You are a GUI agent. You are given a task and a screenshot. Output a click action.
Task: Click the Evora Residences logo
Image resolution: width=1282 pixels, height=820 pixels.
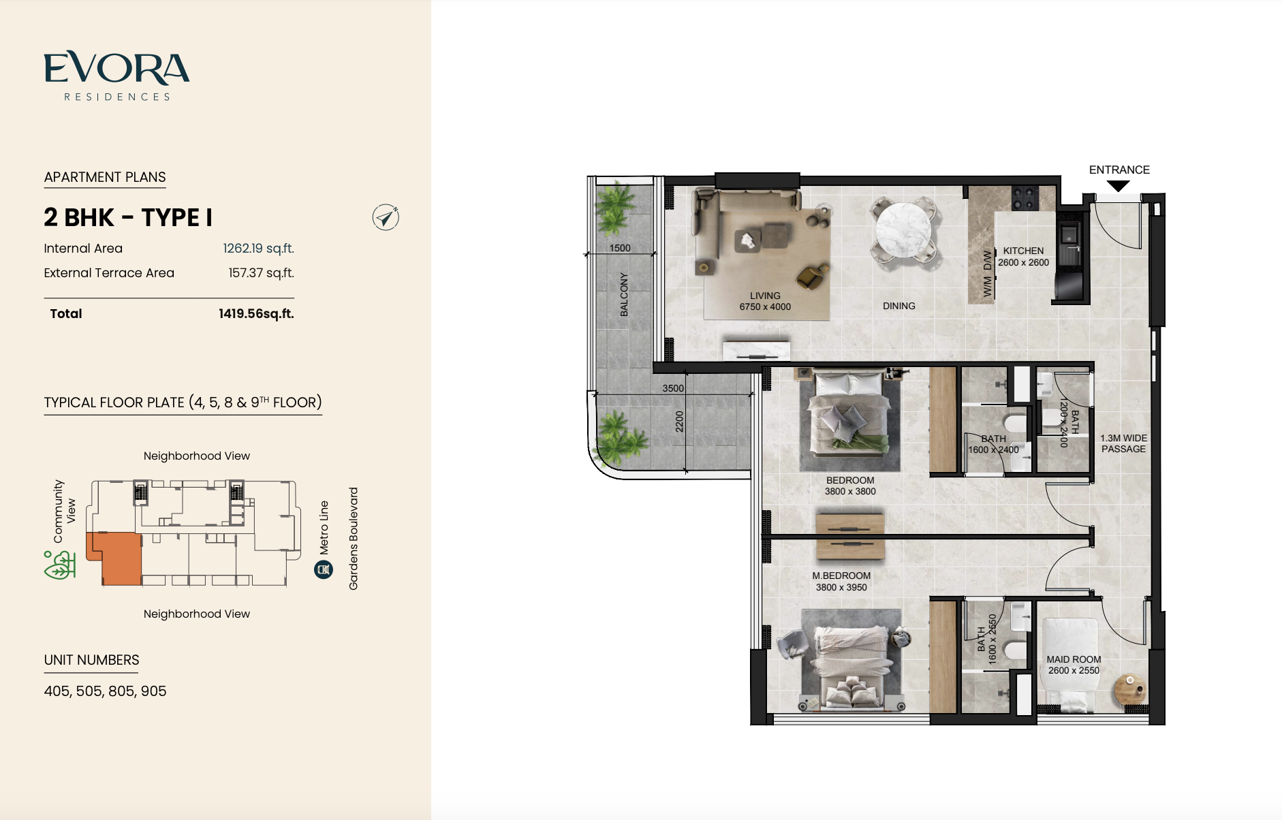point(116,76)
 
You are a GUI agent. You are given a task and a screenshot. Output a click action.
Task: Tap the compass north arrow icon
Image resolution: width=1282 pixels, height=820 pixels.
point(386,217)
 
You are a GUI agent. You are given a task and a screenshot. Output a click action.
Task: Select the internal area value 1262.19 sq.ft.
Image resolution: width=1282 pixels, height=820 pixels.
point(258,249)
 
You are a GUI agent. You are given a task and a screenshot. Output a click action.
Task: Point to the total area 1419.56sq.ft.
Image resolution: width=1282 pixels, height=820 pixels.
point(256,314)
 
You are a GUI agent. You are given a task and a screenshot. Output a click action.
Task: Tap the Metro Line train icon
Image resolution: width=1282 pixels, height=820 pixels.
point(324,569)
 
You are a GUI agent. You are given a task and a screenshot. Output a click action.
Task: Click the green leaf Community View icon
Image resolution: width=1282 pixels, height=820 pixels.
point(59,565)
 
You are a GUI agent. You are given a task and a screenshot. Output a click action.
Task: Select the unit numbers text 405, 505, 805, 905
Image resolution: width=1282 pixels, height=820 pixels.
point(105,691)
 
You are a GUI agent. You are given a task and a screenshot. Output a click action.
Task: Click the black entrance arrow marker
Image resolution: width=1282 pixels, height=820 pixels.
point(1119,186)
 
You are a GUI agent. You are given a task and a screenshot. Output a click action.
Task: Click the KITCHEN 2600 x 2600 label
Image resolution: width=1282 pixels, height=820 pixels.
point(1023,257)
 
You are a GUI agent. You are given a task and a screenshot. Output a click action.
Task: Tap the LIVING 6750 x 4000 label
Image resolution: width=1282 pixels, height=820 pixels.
point(765,301)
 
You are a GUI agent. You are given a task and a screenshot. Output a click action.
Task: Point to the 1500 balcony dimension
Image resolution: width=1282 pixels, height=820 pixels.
point(620,248)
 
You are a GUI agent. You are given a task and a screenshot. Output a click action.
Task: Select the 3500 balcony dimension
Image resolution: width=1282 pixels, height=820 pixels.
point(673,388)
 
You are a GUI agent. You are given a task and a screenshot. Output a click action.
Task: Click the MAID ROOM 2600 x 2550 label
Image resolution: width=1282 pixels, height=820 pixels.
point(1074,665)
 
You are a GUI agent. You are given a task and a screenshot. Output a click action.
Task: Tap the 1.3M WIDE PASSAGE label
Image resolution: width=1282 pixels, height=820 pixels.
point(1124,443)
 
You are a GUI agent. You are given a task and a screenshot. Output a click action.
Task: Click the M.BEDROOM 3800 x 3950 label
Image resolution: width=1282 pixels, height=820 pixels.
point(841,581)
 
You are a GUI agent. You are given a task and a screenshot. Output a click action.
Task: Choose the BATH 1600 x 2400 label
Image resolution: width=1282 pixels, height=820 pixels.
point(993,444)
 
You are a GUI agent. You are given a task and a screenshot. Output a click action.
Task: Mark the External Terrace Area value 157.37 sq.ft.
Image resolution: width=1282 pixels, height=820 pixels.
point(261,273)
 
